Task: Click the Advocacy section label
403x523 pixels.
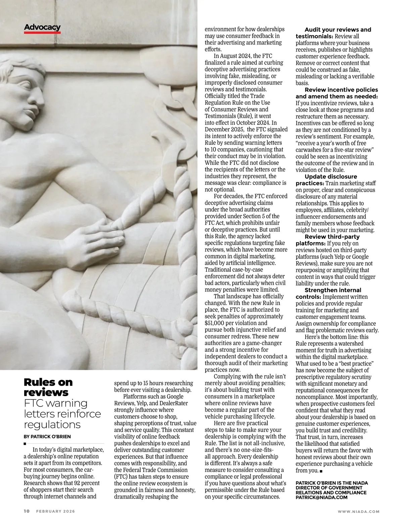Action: click(x=42, y=27)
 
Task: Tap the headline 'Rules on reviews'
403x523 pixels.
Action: click(x=48, y=387)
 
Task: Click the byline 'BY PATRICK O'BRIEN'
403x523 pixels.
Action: click(x=47, y=437)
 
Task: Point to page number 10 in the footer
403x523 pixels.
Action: click(x=27, y=511)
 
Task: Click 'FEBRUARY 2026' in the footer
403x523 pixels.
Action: click(x=56, y=511)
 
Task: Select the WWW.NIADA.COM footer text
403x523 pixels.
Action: click(x=358, y=512)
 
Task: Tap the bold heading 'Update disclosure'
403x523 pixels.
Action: click(x=331, y=177)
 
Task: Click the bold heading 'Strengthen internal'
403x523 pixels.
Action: click(x=333, y=290)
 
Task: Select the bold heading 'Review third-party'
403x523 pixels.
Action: click(x=332, y=237)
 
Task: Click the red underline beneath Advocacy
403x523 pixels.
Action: click(x=42, y=33)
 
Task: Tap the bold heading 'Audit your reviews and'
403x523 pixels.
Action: click(x=338, y=30)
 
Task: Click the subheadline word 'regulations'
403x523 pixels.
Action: click(x=52, y=425)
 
